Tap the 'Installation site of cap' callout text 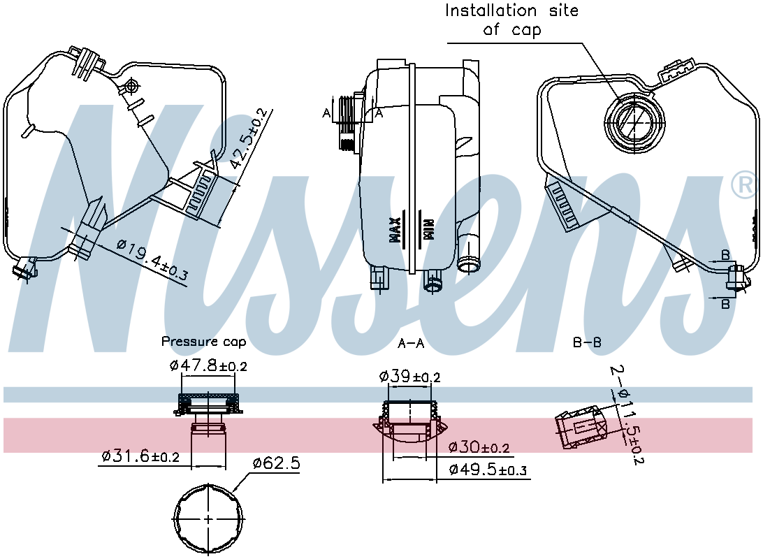[x=512, y=20]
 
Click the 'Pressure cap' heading [x=203, y=342]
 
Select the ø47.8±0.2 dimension [x=208, y=365]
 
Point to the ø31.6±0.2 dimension [x=140, y=456]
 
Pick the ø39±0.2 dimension [x=409, y=377]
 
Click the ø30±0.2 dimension [x=479, y=447]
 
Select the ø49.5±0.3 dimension [x=488, y=470]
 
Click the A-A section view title [x=411, y=342]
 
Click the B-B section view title [x=587, y=342]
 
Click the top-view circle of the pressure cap [x=209, y=518]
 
